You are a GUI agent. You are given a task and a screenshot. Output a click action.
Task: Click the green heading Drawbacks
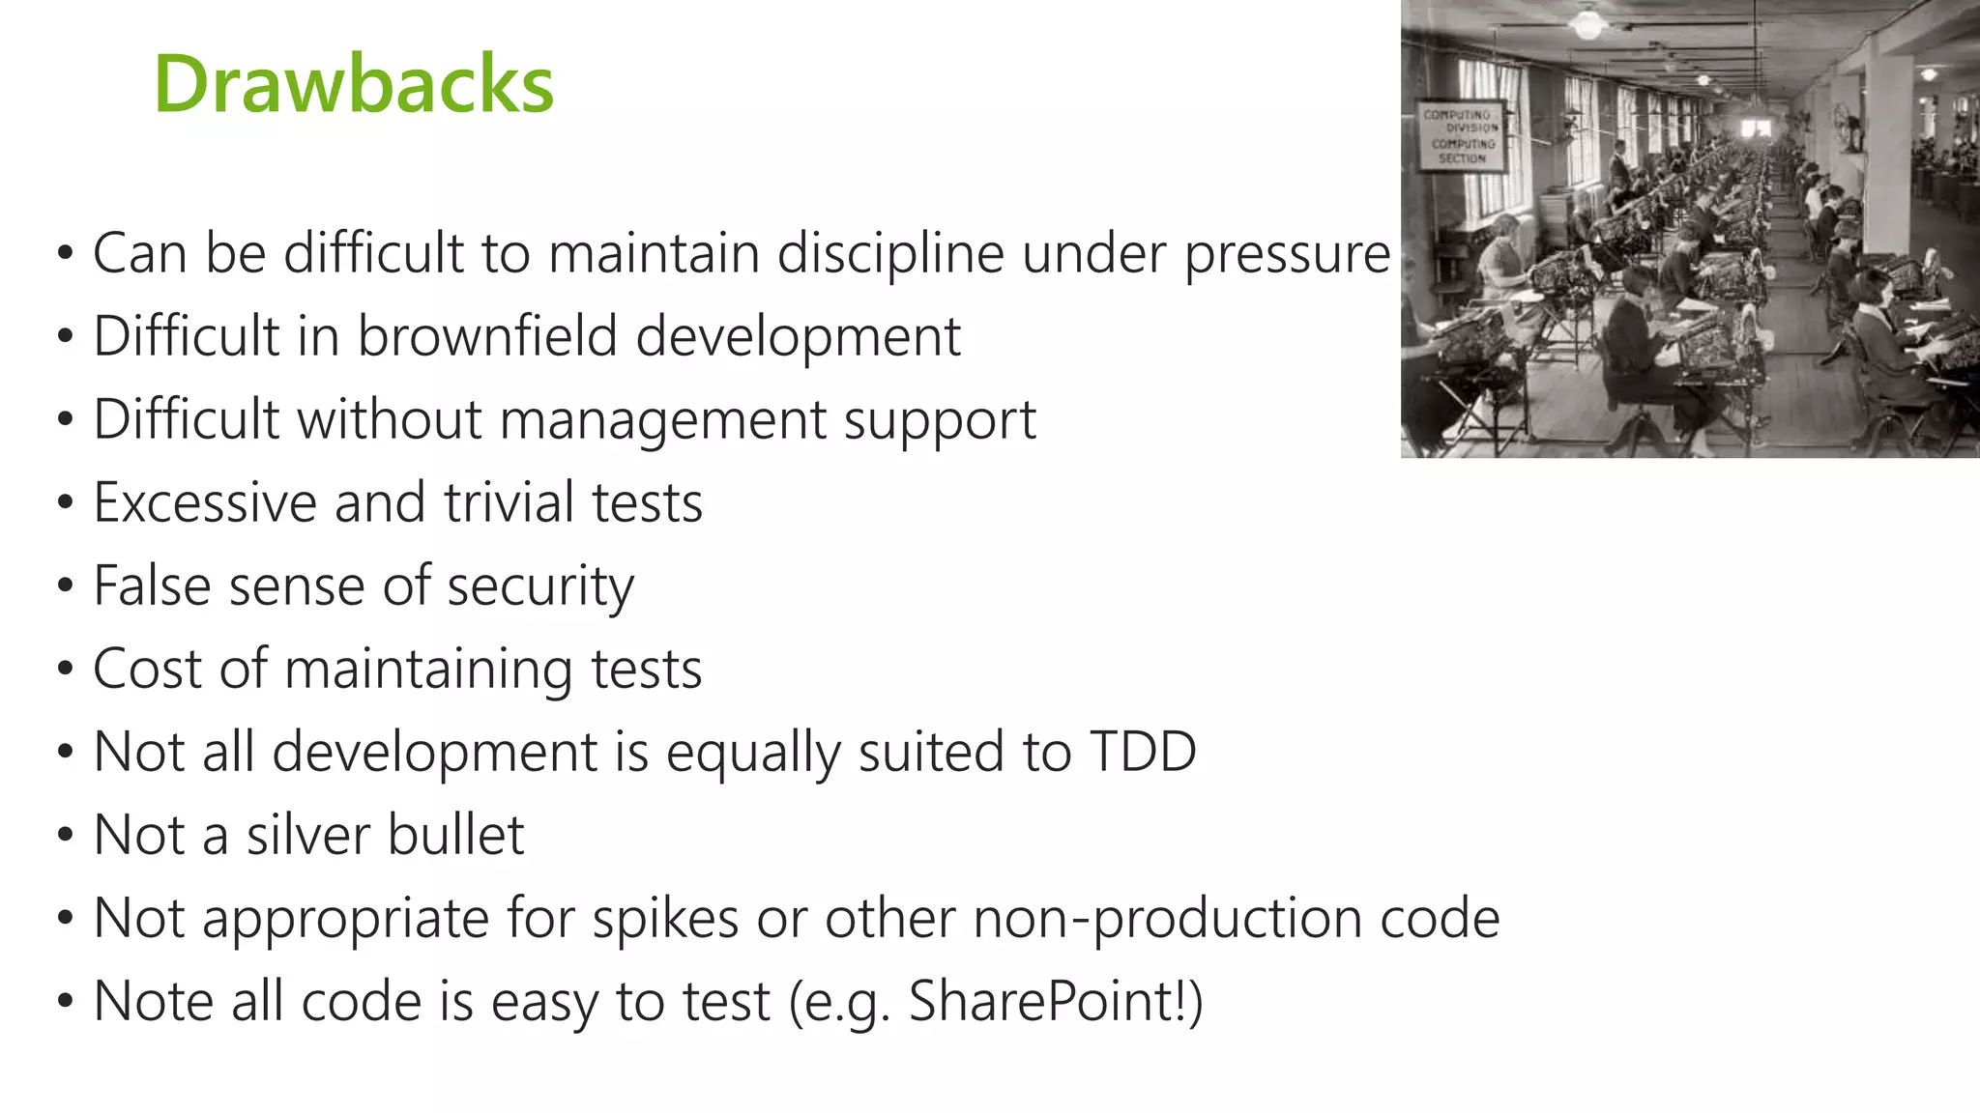(x=354, y=85)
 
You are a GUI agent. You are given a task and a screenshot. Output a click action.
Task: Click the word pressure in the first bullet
(x=1287, y=254)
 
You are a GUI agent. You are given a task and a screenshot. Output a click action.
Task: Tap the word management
(x=662, y=421)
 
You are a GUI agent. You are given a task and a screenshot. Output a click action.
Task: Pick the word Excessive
(x=204, y=503)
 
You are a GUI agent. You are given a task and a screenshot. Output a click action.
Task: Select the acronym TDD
(x=1143, y=753)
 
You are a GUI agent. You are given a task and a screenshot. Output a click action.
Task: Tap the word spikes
(x=665, y=919)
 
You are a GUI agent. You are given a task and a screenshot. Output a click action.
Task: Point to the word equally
(x=752, y=753)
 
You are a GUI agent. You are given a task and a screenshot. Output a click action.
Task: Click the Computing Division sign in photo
(x=1461, y=136)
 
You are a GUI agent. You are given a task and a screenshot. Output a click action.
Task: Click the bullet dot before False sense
(x=65, y=586)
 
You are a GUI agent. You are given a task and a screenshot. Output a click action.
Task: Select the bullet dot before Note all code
(x=65, y=1002)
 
